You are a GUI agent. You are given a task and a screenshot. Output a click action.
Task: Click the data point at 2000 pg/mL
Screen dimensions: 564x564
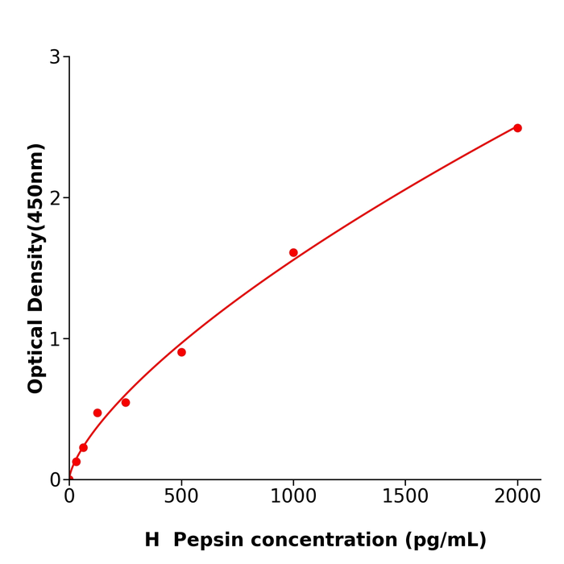517,128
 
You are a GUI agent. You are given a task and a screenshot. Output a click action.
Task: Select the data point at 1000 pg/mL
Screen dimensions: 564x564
293,252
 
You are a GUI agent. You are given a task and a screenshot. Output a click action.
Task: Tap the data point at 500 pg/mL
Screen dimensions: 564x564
181,352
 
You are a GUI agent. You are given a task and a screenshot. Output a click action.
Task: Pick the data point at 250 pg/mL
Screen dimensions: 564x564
126,402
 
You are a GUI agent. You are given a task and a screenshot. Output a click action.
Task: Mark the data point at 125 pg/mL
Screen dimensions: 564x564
97,413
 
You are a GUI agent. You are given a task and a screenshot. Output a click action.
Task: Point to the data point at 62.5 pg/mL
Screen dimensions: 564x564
83,448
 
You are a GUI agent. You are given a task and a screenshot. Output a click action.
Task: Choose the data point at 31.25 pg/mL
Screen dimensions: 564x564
77,462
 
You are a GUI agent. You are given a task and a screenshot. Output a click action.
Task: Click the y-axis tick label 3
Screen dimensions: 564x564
55,57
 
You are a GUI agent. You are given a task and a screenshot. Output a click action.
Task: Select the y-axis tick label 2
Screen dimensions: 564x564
55,198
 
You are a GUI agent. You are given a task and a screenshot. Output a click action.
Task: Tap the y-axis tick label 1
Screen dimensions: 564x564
55,339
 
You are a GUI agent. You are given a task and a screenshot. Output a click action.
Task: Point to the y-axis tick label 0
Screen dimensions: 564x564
55,480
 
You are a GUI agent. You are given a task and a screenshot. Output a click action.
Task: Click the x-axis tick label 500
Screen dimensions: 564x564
181,497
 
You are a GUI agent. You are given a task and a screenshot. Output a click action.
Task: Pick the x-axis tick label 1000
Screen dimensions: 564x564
293,497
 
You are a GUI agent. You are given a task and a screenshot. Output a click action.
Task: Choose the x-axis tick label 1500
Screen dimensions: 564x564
405,497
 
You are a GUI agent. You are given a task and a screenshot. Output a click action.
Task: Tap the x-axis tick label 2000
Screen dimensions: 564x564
517,497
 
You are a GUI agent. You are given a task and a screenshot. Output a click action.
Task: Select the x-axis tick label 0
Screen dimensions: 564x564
69,497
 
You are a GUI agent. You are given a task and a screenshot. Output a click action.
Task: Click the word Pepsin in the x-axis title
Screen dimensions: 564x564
205,541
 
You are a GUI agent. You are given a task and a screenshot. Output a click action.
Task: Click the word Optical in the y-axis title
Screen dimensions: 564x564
36,355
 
